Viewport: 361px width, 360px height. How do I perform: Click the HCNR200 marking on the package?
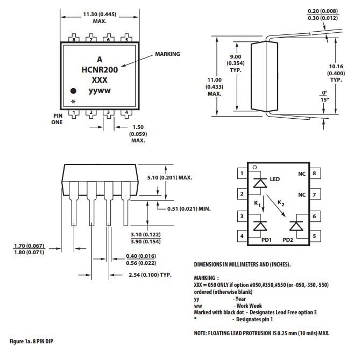(x=100, y=69)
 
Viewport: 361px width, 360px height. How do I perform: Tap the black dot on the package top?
(x=74, y=91)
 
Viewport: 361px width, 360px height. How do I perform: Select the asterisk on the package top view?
(x=73, y=102)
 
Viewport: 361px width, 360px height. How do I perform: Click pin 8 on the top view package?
(x=74, y=39)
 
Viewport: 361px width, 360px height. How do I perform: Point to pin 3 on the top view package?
(x=109, y=113)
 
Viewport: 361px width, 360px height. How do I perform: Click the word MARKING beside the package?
(x=167, y=54)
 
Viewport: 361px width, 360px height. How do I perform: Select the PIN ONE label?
(x=58, y=119)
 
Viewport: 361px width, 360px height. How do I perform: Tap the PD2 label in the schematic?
(x=288, y=240)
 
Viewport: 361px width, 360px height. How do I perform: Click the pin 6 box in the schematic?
(x=314, y=216)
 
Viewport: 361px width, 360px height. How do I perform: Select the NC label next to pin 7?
(x=301, y=195)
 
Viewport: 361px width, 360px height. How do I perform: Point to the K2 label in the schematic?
(x=281, y=203)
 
